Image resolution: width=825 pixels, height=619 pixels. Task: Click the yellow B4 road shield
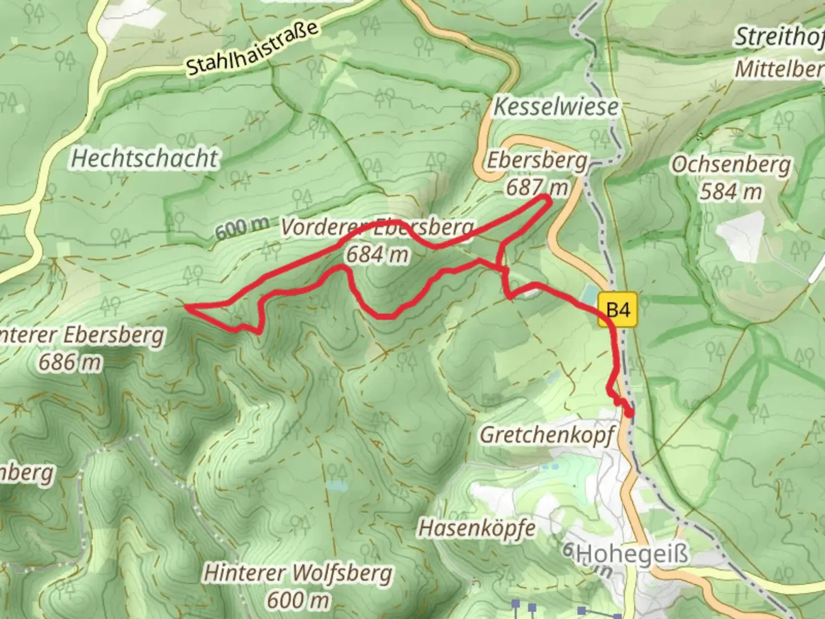[617, 310]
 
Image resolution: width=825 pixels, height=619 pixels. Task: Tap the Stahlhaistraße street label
[252, 49]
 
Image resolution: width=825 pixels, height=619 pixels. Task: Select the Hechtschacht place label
[144, 159]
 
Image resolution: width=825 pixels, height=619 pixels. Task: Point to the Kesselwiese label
[556, 107]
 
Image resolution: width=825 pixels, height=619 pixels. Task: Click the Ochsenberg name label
[730, 164]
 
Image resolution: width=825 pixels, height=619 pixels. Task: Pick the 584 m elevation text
[730, 191]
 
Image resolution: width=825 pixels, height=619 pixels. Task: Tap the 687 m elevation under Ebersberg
[537, 187]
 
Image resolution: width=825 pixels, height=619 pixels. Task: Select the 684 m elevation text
[377, 254]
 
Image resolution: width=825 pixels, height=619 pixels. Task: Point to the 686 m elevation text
[70, 362]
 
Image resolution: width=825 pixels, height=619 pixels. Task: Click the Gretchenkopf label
[547, 435]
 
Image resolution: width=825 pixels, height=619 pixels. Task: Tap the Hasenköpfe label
[477, 528]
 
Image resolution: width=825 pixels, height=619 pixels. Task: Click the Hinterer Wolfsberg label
[298, 573]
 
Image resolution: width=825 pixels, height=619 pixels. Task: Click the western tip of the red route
[187, 307]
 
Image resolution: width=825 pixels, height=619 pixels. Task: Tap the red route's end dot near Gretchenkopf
[630, 413]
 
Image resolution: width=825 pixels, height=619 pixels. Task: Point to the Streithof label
[779, 37]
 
